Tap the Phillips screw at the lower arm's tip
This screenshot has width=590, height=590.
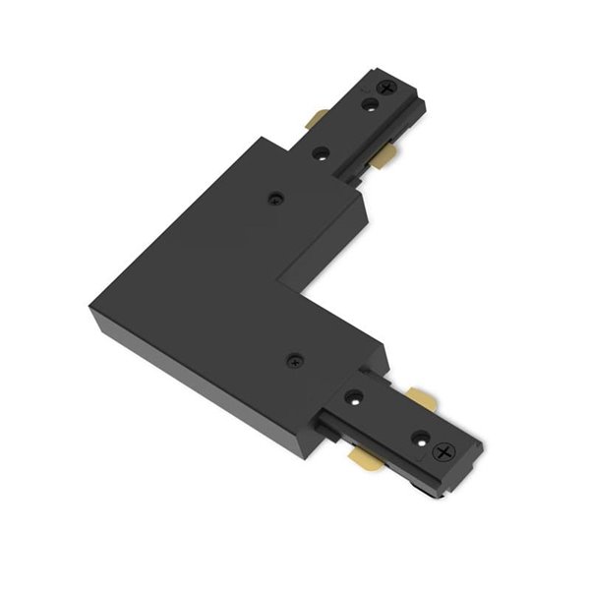tap(444, 452)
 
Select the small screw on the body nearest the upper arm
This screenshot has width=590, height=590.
tap(275, 198)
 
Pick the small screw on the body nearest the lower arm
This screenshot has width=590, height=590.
tap(293, 361)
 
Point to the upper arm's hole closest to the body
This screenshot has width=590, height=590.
tap(321, 154)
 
